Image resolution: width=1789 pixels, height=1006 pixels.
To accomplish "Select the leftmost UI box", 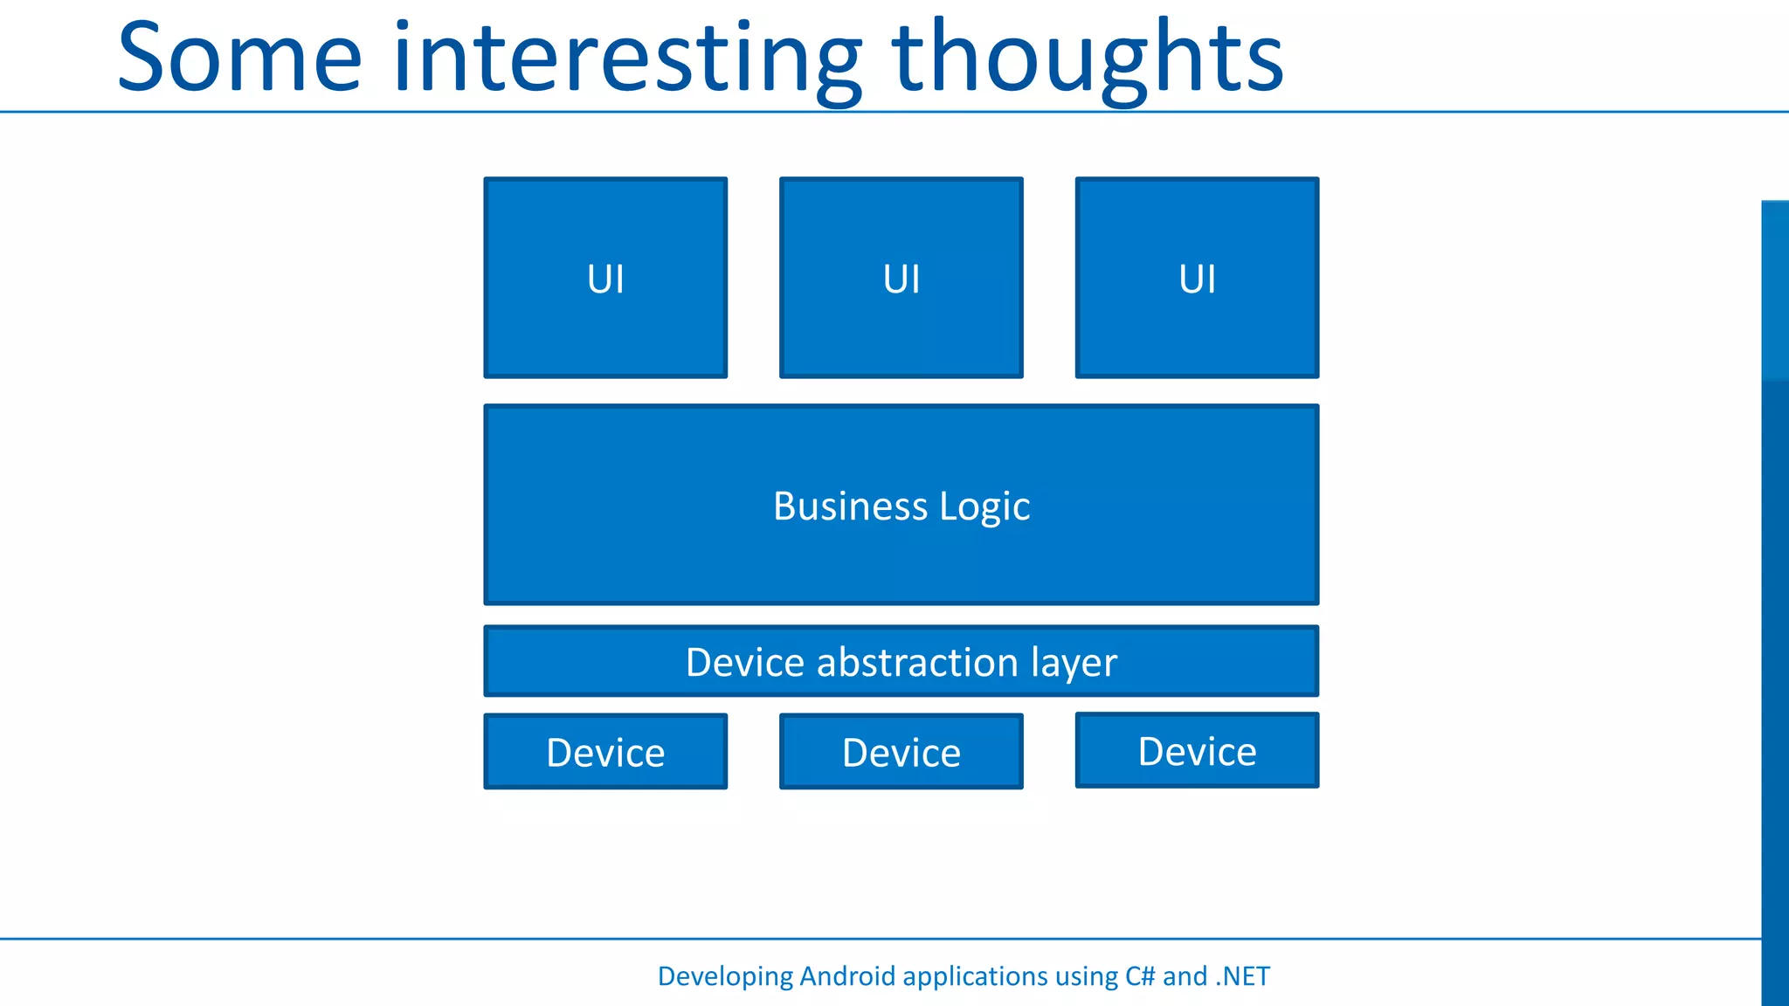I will pos(605,278).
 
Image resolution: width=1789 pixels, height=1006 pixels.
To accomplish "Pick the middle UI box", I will pos(901,278).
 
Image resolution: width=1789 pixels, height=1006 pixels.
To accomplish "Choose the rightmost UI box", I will pos(1197,278).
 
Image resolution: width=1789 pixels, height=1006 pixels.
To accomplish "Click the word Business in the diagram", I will pos(850,506).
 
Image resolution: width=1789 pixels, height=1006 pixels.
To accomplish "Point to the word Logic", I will pos(984,506).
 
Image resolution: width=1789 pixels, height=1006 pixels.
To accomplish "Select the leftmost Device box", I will pos(605,752).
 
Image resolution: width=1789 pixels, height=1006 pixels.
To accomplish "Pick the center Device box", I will pos(901,752).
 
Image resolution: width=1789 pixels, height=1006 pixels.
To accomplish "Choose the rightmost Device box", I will pos(1197,751).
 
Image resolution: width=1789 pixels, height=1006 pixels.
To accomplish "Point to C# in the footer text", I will pos(1139,975).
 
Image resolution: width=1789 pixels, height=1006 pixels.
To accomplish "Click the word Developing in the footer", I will pos(724,976).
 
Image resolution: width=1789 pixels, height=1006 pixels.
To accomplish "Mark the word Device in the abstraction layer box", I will pos(744,662).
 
